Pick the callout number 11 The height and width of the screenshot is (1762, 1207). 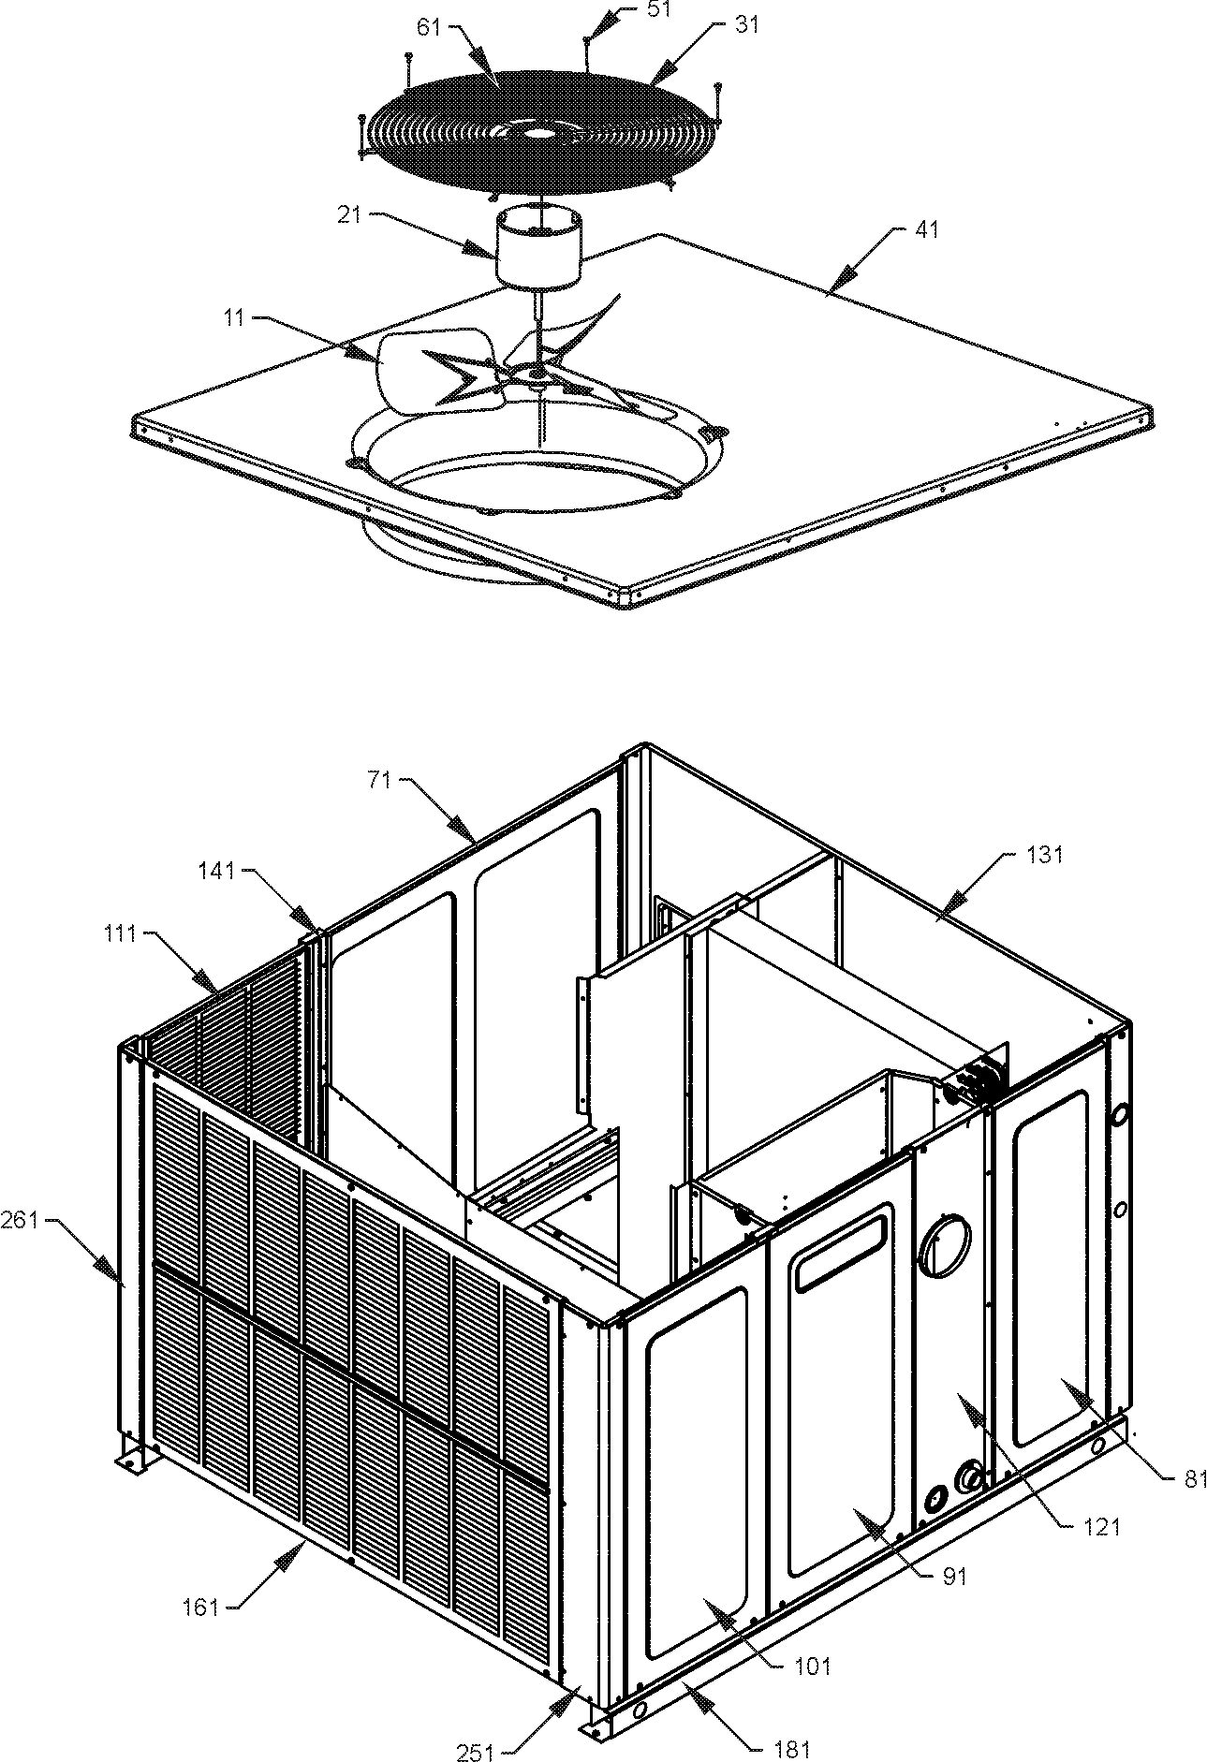coord(235,318)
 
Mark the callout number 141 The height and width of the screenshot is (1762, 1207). coord(216,870)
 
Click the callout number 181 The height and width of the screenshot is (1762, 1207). coord(792,1748)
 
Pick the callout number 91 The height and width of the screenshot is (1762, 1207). coord(954,1577)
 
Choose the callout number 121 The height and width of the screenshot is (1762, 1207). coord(1102,1527)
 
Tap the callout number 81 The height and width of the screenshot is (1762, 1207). coord(1195,1477)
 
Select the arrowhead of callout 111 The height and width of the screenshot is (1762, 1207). coord(211,982)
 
